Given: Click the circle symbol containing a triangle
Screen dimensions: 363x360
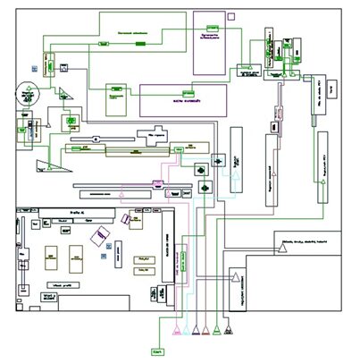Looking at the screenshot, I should pos(29,89).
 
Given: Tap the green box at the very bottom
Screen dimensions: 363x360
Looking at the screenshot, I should pos(158,351).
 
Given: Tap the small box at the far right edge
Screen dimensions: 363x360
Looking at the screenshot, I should pos(332,89).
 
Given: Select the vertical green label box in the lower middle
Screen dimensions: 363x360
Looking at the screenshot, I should pos(183,262).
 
